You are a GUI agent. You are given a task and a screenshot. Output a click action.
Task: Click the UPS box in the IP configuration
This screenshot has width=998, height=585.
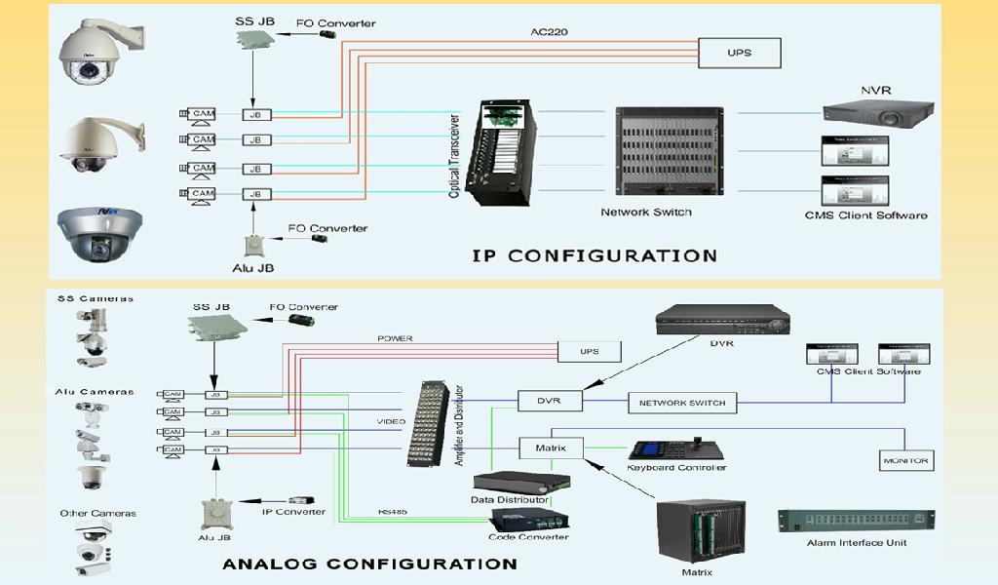[x=740, y=53]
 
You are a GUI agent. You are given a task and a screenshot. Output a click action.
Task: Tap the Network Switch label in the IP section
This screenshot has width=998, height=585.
[x=646, y=212]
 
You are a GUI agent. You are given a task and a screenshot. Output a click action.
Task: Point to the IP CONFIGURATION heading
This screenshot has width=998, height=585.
[x=595, y=255]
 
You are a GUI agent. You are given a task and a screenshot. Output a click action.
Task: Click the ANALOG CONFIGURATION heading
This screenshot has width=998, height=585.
[x=369, y=564]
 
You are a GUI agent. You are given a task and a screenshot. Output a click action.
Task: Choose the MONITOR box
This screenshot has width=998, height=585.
[x=905, y=460]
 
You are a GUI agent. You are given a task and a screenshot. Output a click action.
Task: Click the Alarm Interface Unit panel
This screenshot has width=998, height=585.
[x=857, y=522]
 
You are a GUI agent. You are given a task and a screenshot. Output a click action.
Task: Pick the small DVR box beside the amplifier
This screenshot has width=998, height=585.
[x=550, y=401]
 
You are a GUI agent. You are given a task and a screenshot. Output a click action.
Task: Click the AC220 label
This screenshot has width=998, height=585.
[x=549, y=31]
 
